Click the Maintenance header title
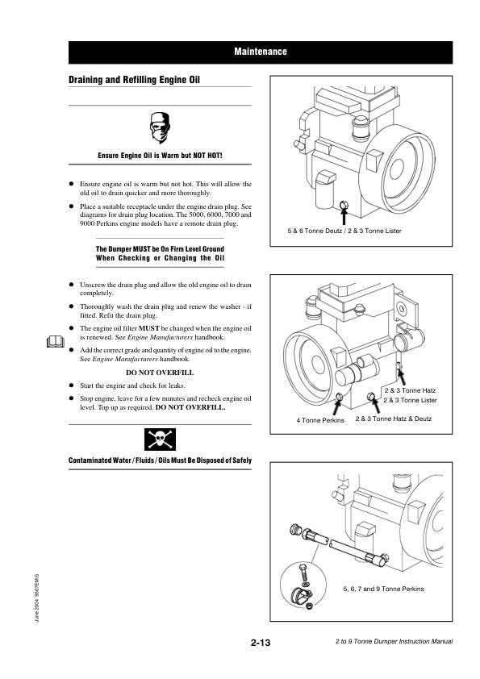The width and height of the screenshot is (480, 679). pos(261,52)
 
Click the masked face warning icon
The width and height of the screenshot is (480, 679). pos(160,127)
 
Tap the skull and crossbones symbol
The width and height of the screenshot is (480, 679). pos(160,439)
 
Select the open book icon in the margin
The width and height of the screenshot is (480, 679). pos(56,342)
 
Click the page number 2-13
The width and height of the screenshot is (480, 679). pos(261,643)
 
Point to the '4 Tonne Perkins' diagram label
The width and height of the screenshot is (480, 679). pos(320,420)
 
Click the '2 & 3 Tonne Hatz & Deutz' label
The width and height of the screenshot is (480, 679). pos(394,419)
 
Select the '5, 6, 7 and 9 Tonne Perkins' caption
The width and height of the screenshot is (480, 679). pos(383,589)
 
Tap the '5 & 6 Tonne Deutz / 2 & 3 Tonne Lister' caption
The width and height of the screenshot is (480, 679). pos(344,231)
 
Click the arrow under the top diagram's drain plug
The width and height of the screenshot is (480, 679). pos(344,216)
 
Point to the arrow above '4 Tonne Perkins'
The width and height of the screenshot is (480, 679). pos(336,407)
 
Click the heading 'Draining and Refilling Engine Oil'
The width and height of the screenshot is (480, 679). pos(134,80)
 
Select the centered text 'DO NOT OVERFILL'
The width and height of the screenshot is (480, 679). pos(160,373)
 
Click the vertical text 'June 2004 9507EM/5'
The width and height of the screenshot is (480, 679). pos(37,598)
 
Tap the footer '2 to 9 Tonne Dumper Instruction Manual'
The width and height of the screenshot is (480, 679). pos(394,641)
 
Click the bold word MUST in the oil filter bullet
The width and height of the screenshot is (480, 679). pos(149,328)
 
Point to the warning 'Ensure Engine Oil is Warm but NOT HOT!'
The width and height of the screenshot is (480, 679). pos(160,156)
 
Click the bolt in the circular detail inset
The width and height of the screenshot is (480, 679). pos(303,573)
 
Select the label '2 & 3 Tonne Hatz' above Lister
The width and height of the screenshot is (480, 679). pos(410,390)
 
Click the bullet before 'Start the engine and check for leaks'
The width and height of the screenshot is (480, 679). pos(72,385)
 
